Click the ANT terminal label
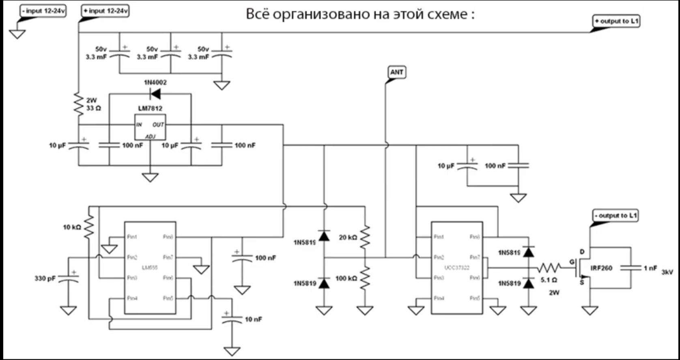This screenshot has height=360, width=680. tap(396, 72)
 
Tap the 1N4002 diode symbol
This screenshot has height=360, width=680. tap(155, 94)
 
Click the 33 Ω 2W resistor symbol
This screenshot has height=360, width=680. tap(78, 104)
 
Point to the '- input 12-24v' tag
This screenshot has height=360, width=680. tap(43, 11)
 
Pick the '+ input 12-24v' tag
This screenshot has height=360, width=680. tap(105, 11)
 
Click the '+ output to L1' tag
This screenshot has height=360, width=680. tap(616, 21)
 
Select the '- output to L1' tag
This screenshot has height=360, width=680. tap(615, 216)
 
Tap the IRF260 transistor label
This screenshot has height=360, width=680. tap(601, 268)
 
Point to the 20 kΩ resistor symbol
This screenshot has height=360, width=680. tap(365, 237)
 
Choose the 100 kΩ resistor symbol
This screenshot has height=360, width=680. tap(365, 278)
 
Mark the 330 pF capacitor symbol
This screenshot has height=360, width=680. tap(68, 278)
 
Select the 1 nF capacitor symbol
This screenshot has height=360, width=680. tap(631, 268)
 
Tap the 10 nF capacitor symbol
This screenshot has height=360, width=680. tap(232, 319)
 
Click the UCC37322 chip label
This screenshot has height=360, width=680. tap(457, 268)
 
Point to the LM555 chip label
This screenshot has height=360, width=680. tap(150, 268)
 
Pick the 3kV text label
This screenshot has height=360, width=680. tap(667, 272)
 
